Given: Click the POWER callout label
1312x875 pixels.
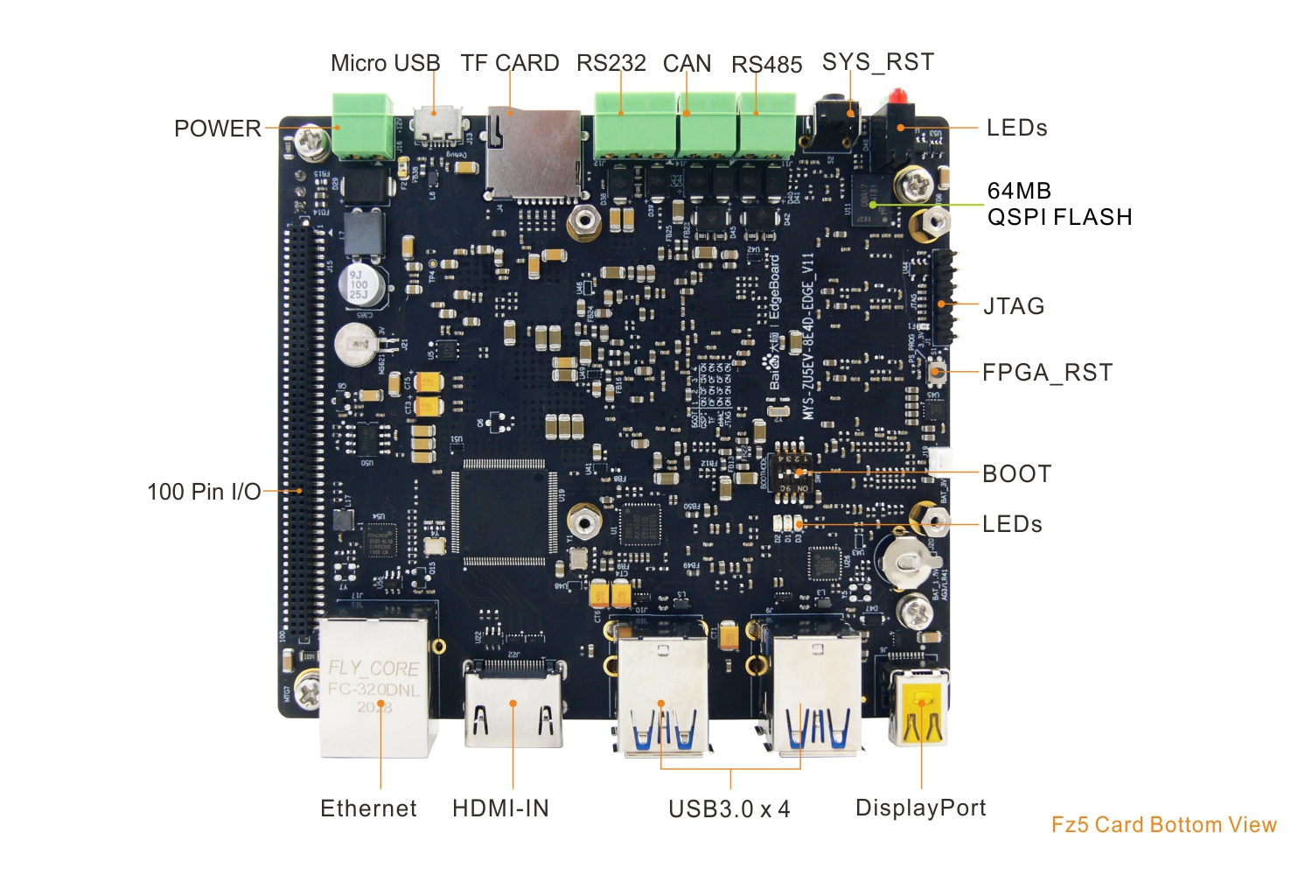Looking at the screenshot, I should [x=217, y=129].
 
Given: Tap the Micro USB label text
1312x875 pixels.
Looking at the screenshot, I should [x=385, y=63].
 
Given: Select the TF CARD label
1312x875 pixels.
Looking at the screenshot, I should [x=510, y=63].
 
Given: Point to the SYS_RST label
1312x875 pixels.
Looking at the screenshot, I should [x=878, y=62].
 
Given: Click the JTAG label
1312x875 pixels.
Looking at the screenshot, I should [x=1014, y=306].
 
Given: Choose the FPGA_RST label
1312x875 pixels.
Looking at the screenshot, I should [x=1047, y=373].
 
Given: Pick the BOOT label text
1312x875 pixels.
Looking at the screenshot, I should [x=1016, y=474].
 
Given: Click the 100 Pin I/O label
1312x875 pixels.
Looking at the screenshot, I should [x=204, y=492].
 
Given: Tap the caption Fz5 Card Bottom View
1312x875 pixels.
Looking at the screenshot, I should [x=1163, y=825].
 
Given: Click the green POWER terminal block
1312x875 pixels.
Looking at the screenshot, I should [x=362, y=127].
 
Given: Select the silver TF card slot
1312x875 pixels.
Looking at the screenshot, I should [x=534, y=153].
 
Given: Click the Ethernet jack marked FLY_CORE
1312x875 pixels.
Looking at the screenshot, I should [x=376, y=687].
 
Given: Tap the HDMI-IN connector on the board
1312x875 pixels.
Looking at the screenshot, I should [x=513, y=704].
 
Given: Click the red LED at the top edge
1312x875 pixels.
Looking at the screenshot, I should [x=898, y=95].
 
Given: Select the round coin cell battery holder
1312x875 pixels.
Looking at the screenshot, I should [x=909, y=559].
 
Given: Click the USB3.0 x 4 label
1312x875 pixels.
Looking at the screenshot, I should [x=729, y=809].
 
